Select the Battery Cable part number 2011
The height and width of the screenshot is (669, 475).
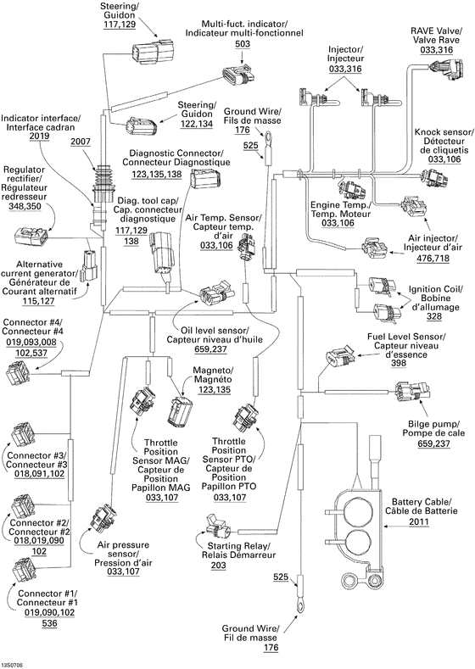[419, 523]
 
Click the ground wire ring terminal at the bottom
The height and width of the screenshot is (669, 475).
[299, 605]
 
